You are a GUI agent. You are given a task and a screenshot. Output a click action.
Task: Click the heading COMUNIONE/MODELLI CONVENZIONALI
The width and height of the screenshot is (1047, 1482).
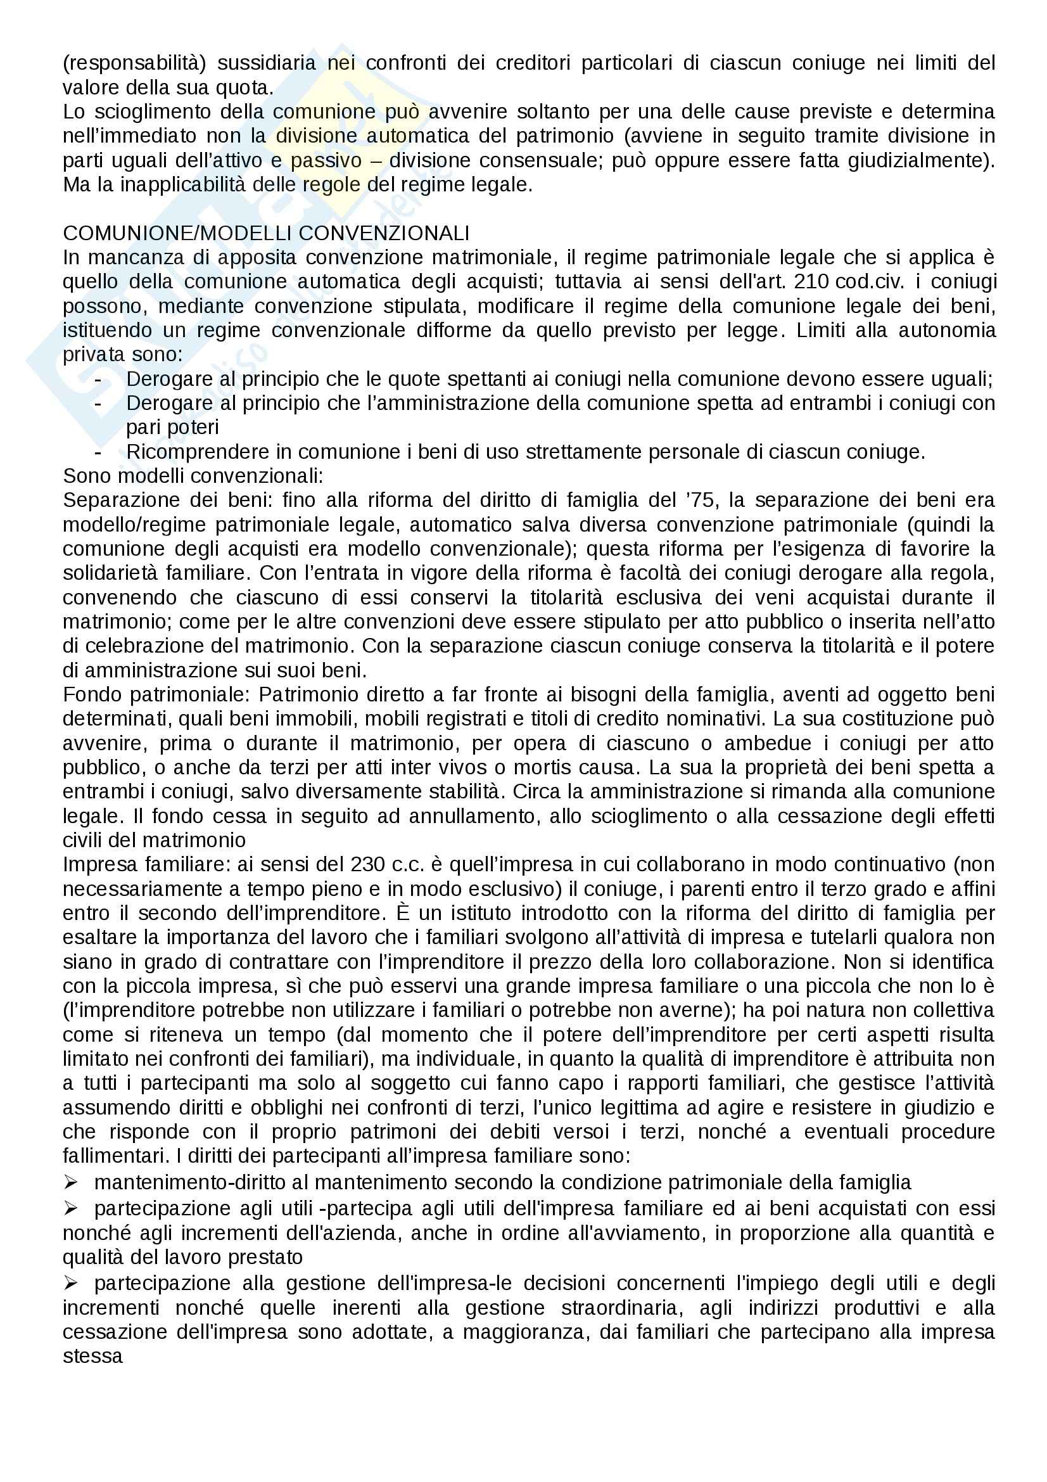[266, 233]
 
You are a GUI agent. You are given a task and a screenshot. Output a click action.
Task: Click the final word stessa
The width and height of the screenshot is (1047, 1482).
[92, 1355]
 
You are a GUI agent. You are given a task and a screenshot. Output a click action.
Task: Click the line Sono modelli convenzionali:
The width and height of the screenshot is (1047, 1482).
[193, 476]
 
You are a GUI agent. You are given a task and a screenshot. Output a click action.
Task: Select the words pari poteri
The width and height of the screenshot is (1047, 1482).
[172, 427]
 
